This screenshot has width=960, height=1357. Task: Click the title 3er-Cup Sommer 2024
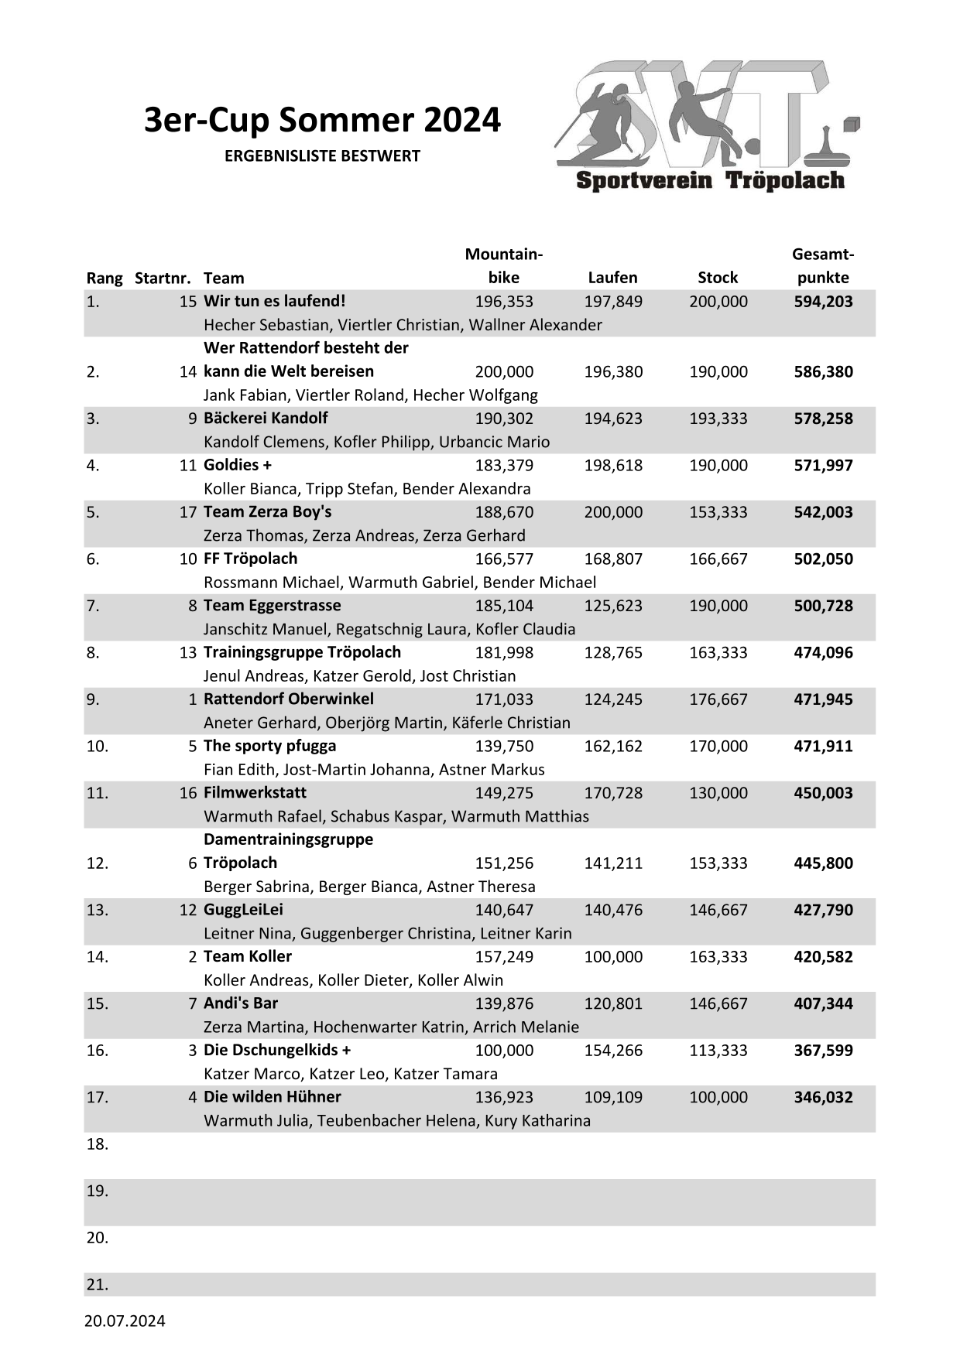322,121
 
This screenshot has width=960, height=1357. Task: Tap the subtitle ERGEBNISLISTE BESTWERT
322,156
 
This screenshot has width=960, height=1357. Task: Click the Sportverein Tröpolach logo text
710,181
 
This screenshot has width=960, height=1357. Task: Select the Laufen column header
612,278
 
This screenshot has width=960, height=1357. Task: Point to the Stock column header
718,278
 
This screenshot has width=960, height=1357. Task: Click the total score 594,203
823,302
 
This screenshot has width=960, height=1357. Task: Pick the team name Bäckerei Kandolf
266,419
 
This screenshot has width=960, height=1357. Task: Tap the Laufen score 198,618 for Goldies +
613,466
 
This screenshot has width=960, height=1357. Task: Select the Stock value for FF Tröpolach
718,559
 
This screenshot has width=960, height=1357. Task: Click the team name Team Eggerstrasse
272,606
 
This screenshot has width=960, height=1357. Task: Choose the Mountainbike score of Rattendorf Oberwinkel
504,699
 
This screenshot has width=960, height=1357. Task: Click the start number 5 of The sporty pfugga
193,747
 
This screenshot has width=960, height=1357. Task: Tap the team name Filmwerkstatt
255,793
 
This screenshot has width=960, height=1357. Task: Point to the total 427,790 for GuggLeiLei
823,910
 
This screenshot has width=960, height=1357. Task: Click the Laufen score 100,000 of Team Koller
613,957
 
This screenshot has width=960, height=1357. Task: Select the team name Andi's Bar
240,1003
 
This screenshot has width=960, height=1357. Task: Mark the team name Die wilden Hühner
272,1097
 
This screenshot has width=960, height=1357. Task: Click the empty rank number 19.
98,1191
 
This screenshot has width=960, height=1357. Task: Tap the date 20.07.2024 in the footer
125,1321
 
